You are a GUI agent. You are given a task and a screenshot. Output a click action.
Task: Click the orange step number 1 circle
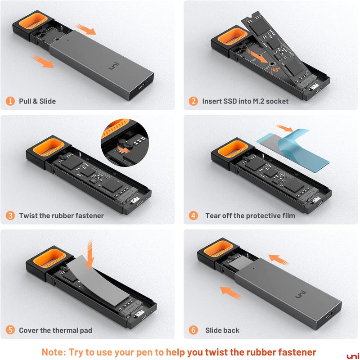[10, 101]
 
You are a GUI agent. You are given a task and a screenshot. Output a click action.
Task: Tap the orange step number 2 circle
[193, 101]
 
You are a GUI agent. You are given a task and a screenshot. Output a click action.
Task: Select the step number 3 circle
[10, 216]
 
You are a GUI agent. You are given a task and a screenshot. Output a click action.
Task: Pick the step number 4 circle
[193, 216]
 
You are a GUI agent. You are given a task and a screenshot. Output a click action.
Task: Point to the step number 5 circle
[10, 330]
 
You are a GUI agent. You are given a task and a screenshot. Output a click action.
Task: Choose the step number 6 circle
[193, 330]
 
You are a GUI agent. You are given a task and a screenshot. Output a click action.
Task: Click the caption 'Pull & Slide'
[37, 101]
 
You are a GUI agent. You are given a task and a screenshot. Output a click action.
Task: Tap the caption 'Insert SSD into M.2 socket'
[245, 101]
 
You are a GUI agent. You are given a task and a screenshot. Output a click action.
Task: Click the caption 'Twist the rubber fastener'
[61, 216]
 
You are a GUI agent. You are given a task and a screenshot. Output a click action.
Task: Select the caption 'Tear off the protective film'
[250, 216]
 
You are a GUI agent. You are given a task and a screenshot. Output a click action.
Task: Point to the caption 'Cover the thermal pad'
[55, 330]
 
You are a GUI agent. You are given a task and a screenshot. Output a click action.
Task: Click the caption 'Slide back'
[222, 330]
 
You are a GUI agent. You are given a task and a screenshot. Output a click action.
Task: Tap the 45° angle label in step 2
[275, 70]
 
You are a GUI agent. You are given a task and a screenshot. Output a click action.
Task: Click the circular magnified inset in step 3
[124, 143]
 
